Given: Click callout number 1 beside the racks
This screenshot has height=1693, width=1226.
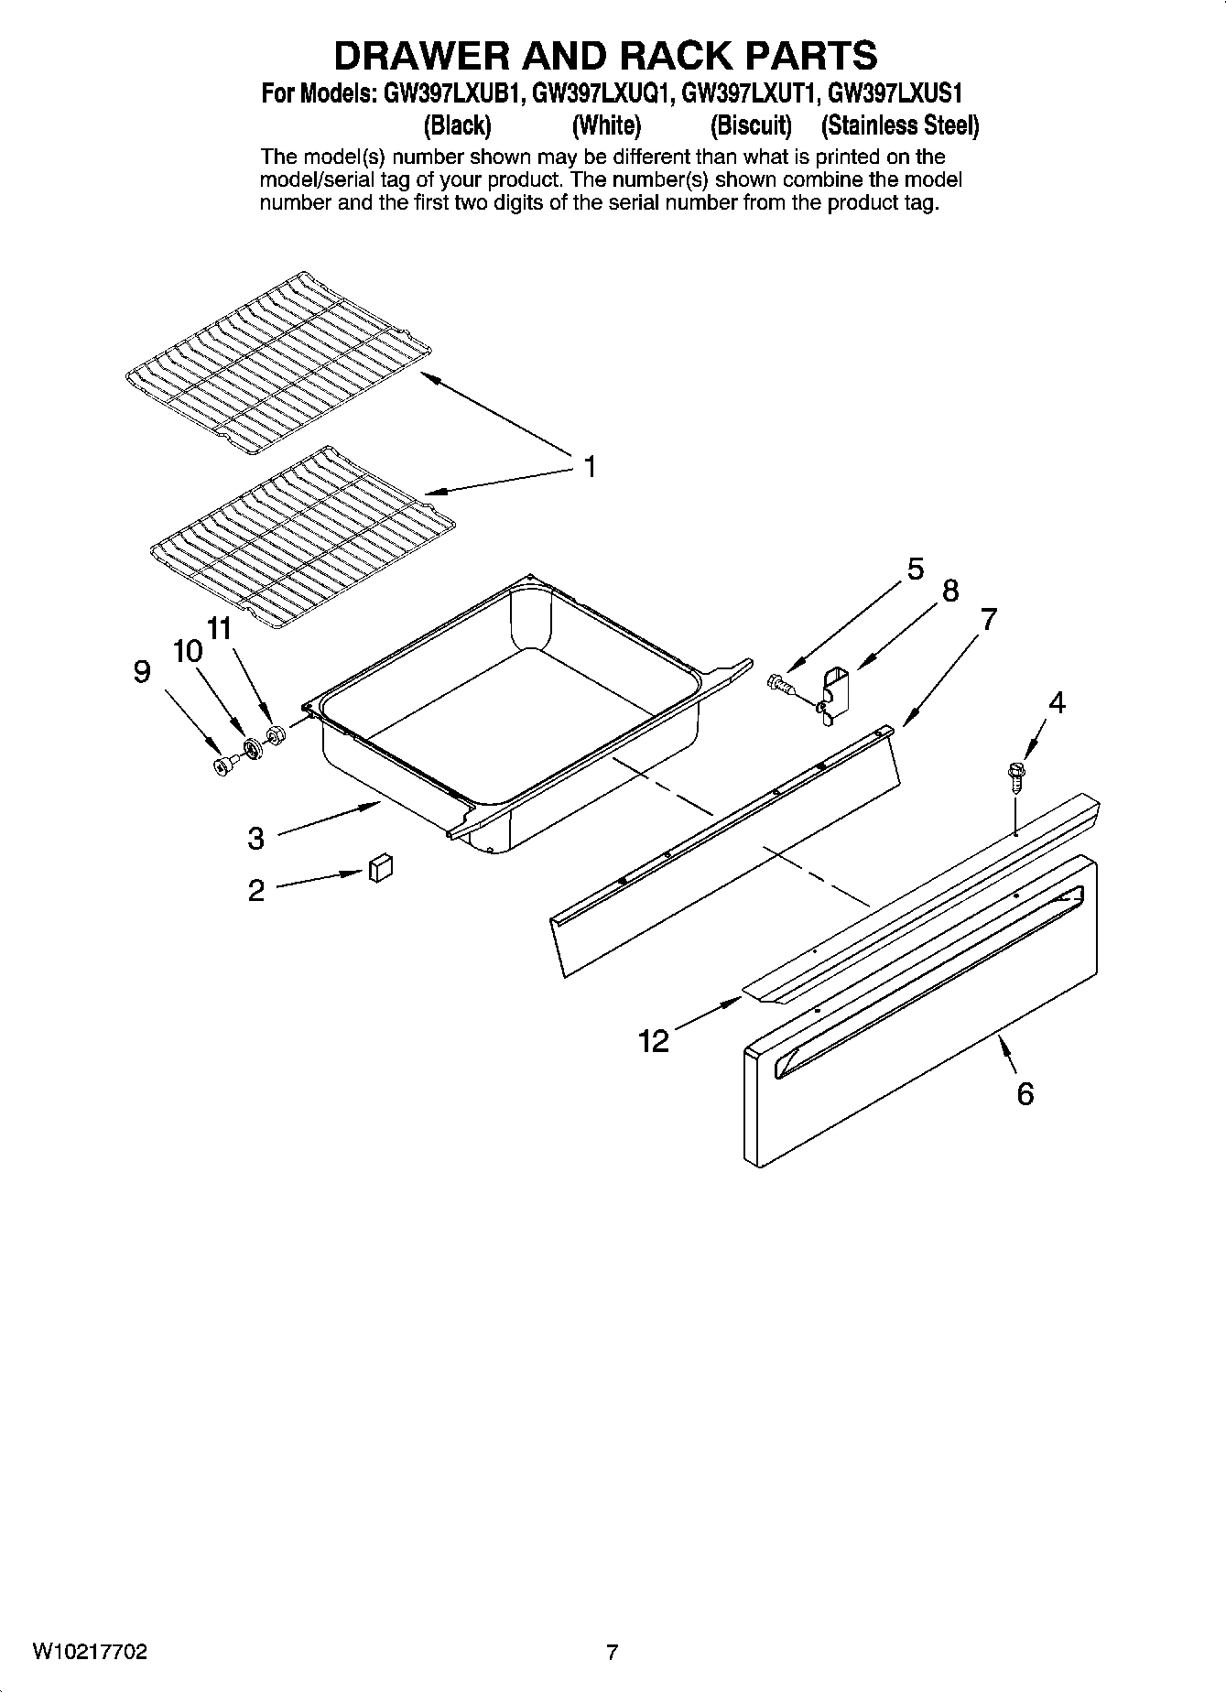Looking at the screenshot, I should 591,467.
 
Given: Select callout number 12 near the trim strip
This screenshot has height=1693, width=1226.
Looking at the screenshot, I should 654,1041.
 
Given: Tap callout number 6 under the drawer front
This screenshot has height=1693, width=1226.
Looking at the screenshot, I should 1025,1093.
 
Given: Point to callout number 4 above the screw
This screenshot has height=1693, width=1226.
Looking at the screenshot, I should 1057,703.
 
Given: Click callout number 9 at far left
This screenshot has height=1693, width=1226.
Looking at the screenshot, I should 141,673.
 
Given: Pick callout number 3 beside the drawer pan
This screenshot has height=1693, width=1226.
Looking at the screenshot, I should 256,837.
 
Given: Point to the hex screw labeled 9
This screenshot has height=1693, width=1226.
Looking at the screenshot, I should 221,765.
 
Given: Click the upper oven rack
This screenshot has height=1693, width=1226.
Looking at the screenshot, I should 275,363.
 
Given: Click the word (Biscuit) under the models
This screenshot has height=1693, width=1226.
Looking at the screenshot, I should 751,125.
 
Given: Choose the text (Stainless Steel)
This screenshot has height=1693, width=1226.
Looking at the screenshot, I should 900,125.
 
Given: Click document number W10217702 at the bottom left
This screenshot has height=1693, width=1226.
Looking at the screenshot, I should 90,1652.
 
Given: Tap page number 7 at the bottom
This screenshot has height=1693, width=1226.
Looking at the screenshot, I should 612,1653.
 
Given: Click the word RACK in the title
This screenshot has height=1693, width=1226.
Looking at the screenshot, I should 683,56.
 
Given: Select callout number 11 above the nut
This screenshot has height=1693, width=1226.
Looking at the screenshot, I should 220,629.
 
